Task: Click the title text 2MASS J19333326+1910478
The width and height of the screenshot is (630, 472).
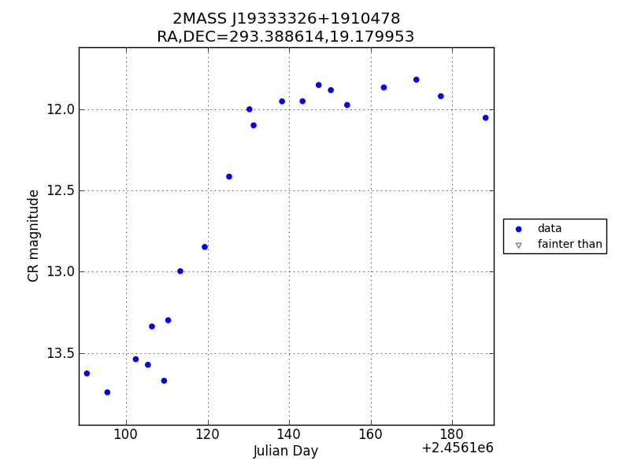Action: (x=286, y=19)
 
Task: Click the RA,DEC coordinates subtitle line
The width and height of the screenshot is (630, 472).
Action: (x=286, y=37)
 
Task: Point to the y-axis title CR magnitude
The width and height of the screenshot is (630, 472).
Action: (x=34, y=235)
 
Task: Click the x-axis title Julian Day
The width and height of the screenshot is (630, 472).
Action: (x=286, y=452)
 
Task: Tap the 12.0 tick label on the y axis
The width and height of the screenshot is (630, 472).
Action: (x=60, y=109)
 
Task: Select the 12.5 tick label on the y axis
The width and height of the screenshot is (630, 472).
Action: (x=60, y=190)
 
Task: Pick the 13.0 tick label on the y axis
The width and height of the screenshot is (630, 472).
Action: (x=60, y=272)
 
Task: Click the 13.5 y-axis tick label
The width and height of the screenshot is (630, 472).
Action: (x=60, y=353)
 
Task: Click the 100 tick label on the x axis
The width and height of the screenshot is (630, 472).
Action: (x=126, y=436)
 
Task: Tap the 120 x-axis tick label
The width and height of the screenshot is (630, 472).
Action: (x=207, y=436)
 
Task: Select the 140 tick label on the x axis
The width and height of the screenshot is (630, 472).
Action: (x=289, y=436)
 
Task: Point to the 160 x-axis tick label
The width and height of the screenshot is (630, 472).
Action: (x=370, y=436)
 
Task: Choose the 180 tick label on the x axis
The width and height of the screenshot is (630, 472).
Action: (x=452, y=436)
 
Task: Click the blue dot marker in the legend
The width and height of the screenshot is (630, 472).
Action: (x=518, y=229)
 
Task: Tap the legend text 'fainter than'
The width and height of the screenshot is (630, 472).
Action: (x=569, y=245)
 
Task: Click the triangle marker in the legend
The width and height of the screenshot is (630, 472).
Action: (x=518, y=245)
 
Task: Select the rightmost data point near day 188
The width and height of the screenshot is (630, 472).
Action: (x=485, y=118)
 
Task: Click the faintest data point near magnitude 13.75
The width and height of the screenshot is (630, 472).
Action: (x=107, y=392)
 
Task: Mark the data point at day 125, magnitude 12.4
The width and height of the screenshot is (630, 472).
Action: (x=229, y=176)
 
